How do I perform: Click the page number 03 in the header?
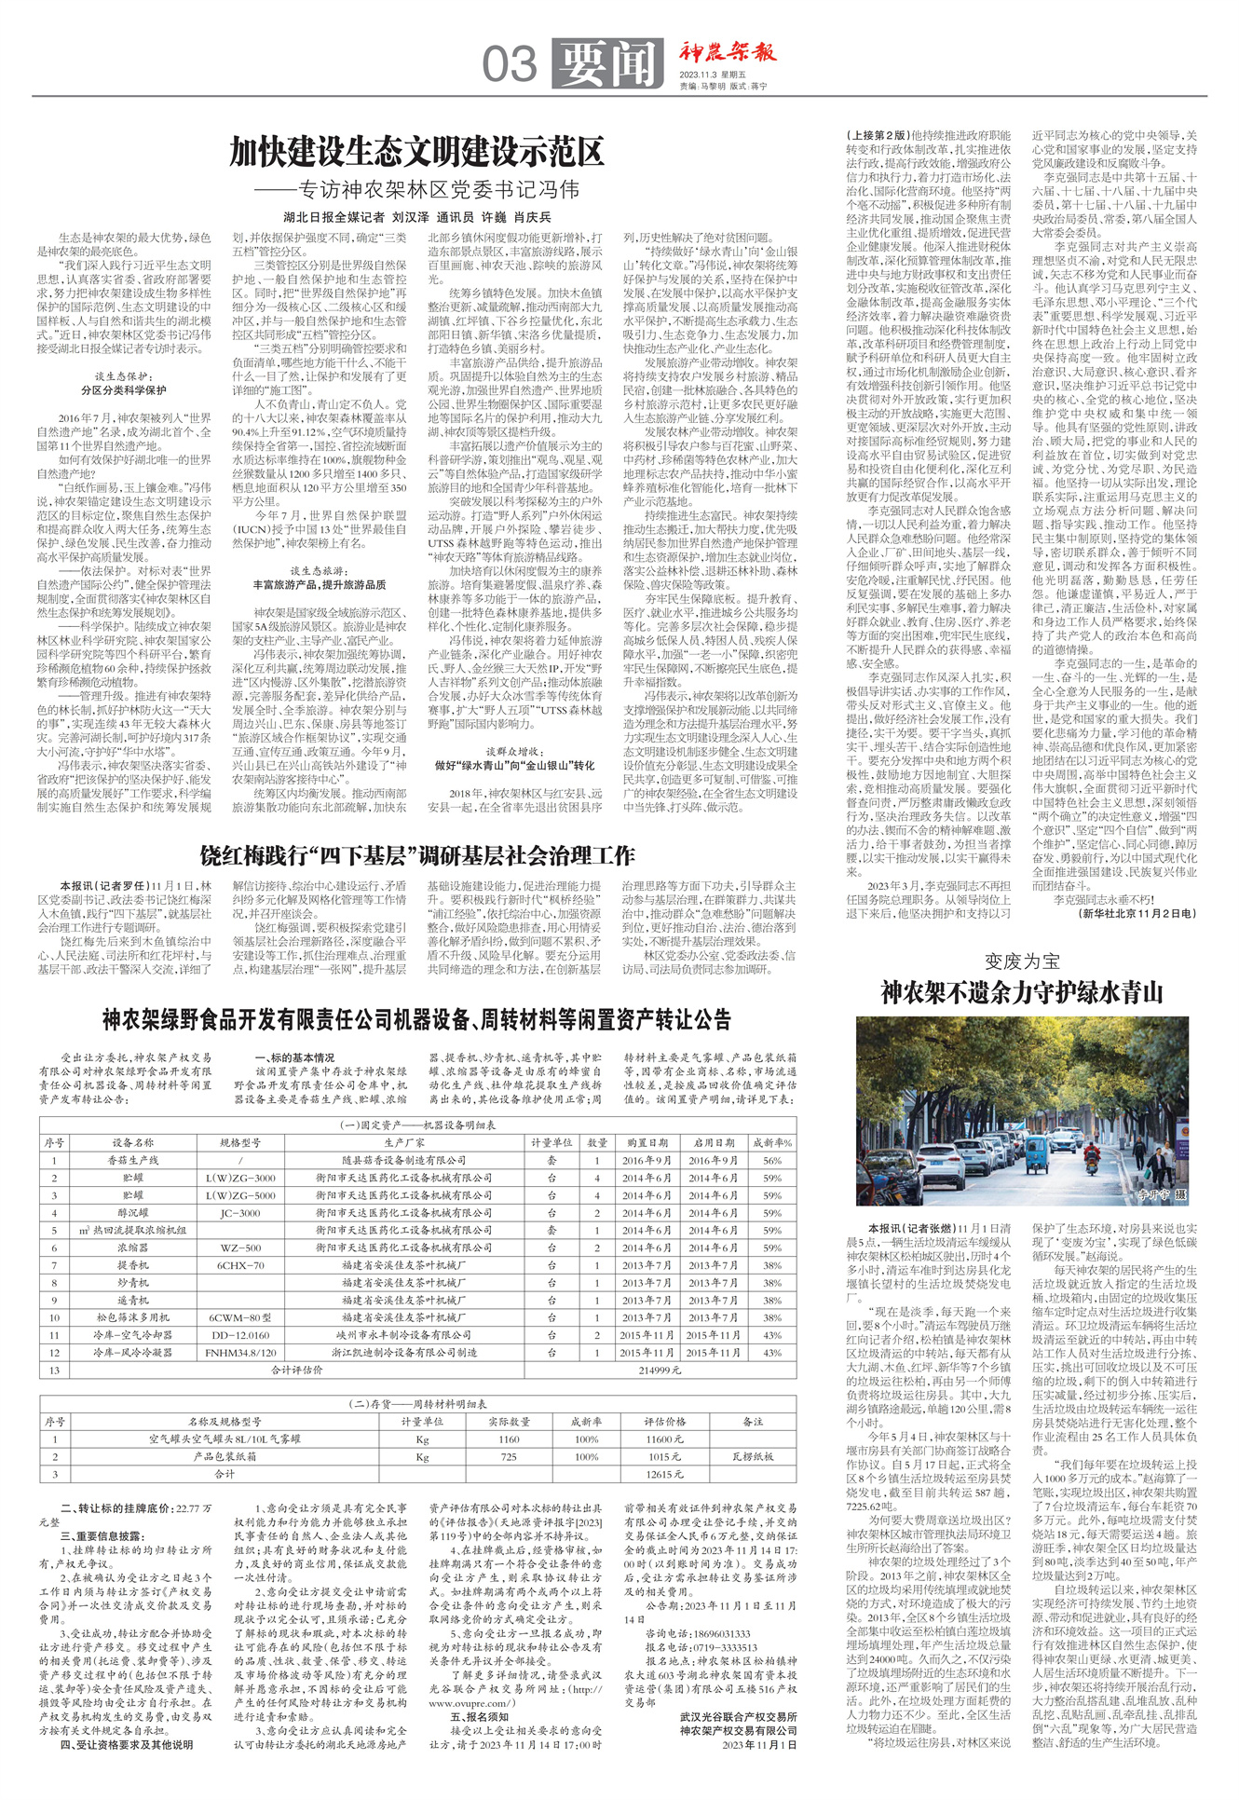click(x=510, y=64)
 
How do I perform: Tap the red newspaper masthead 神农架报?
click(x=727, y=52)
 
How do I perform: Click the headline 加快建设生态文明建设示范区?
click(x=417, y=151)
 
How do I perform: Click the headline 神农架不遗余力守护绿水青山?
click(x=1022, y=993)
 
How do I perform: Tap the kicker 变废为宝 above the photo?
click(x=1022, y=961)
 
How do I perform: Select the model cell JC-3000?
click(x=239, y=1213)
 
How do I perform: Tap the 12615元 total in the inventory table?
click(x=664, y=1475)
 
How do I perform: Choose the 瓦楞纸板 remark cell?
click(x=753, y=1456)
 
